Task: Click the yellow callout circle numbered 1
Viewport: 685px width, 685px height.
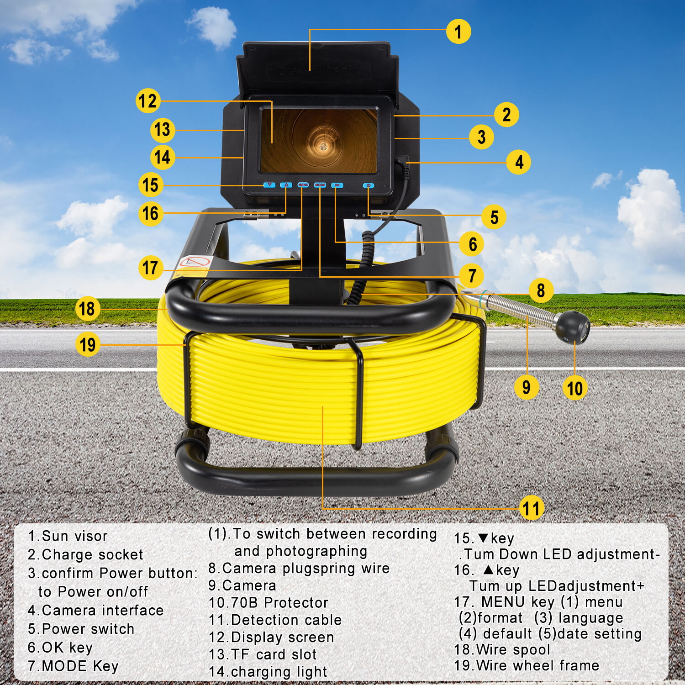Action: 458,32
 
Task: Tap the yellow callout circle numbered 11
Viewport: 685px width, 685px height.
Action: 531,508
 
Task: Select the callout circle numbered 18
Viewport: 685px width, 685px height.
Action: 87,309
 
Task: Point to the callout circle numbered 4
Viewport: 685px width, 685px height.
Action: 519,162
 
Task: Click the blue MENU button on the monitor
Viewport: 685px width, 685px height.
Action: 303,185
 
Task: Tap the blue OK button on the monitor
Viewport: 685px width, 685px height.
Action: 337,185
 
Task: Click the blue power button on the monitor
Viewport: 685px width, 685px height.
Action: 369,185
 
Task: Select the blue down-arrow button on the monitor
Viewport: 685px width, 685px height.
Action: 269,185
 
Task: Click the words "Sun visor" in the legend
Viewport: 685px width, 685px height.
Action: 75,536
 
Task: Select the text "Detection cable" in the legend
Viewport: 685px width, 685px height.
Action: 286,620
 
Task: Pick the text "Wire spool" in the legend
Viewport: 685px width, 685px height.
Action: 513,649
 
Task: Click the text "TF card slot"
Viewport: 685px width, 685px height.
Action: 274,654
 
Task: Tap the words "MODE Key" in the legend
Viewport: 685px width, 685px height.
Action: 80,666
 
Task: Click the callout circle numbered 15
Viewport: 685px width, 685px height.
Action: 151,185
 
